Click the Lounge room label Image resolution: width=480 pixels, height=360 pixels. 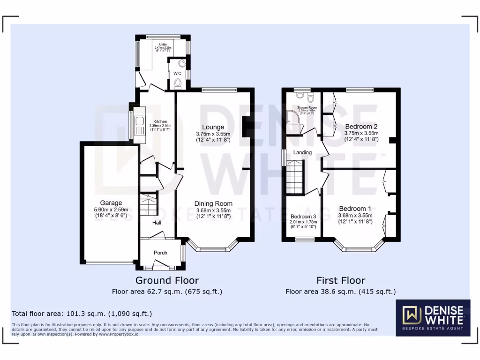pyautogui.click(x=213, y=127)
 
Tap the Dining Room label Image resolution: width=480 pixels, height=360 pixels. pyautogui.click(x=213, y=203)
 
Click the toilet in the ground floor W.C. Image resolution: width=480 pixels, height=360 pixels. pyautogui.click(x=177, y=83)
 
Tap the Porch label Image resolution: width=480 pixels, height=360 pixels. pyautogui.click(x=160, y=253)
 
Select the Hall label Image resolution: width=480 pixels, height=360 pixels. pyautogui.click(x=157, y=223)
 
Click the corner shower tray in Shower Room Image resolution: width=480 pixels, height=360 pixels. pyautogui.click(x=292, y=117)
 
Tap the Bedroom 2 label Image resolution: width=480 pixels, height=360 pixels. pyautogui.click(x=361, y=127)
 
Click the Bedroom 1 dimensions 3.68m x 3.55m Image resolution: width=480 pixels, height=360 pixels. pyautogui.click(x=355, y=216)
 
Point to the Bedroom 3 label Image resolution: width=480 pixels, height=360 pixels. pyautogui.click(x=303, y=217)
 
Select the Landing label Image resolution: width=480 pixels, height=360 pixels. pyautogui.click(x=302, y=152)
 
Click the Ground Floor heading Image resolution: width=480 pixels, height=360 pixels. pyautogui.click(x=167, y=280)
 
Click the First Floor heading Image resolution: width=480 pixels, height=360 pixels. pyautogui.click(x=340, y=280)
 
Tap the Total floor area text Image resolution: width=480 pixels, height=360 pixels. pyautogui.click(x=82, y=313)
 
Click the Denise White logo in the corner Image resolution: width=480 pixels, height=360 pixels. pyautogui.click(x=433, y=318)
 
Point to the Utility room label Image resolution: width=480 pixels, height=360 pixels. pyautogui.click(x=163, y=45)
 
